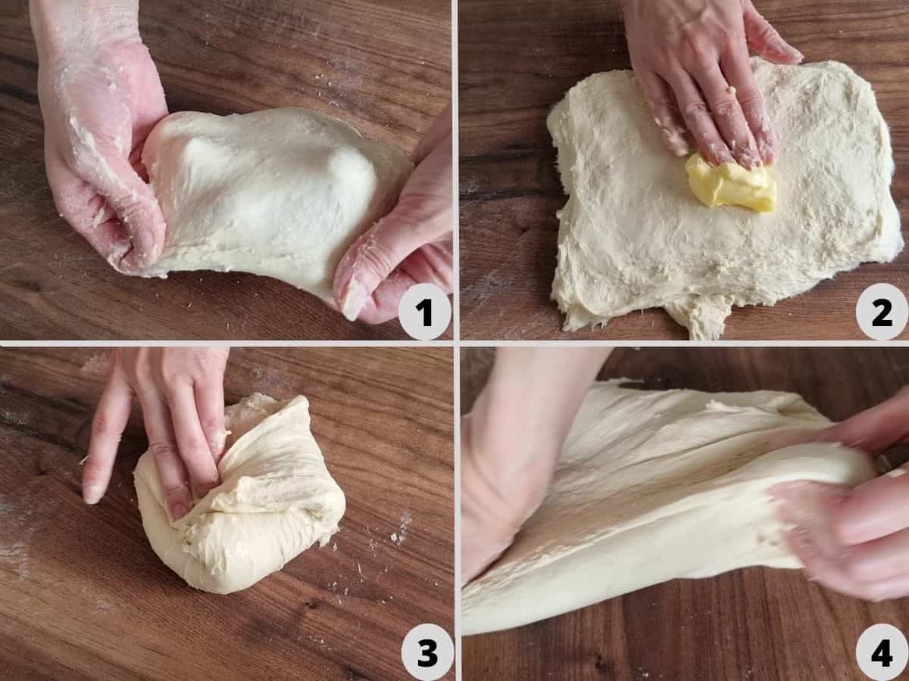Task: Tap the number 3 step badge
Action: (x=427, y=653)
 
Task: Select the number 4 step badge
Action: (x=881, y=653)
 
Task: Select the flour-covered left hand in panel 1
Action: (x=98, y=151)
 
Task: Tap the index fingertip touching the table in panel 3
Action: (x=92, y=492)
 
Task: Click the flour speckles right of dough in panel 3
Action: (x=398, y=530)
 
